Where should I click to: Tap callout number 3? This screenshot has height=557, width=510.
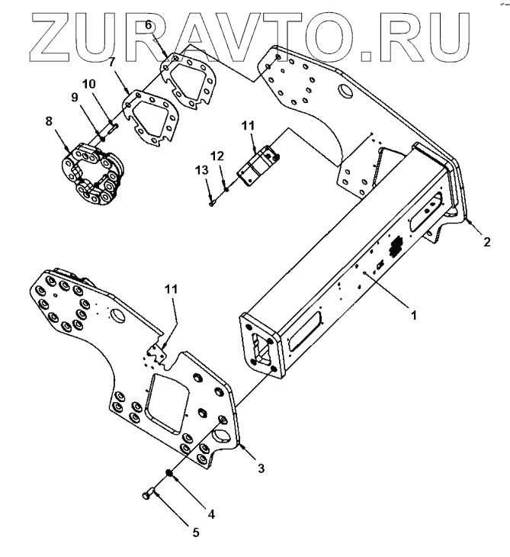pyautogui.click(x=261, y=468)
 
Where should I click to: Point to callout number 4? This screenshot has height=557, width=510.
pyautogui.click(x=212, y=514)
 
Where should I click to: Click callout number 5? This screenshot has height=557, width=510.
pyautogui.click(x=195, y=533)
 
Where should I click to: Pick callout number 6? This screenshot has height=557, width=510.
pyautogui.click(x=149, y=26)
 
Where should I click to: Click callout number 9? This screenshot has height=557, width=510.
pyautogui.click(x=75, y=97)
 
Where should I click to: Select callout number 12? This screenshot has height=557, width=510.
pyautogui.click(x=217, y=156)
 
